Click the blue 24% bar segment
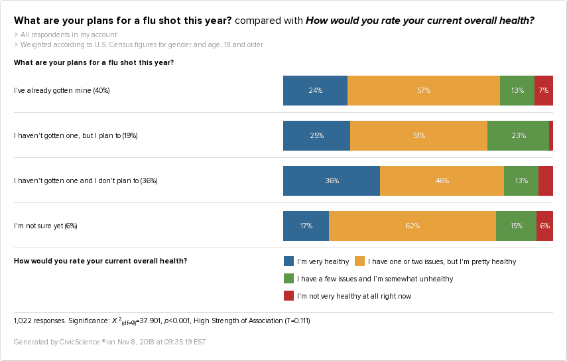(315, 90)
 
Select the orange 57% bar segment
(424, 90)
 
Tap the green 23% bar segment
(518, 135)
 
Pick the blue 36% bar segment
(332, 180)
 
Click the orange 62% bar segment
(412, 226)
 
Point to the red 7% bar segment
(544, 90)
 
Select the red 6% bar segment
(544, 226)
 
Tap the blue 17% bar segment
(306, 226)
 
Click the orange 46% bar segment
(442, 180)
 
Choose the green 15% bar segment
(516, 226)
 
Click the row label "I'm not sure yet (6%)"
(46, 226)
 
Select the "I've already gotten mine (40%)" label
(62, 90)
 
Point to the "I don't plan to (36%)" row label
(86, 180)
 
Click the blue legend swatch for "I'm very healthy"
(288, 261)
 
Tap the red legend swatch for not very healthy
(288, 296)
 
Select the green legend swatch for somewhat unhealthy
(288, 279)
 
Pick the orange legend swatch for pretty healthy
(360, 261)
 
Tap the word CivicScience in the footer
(78, 342)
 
